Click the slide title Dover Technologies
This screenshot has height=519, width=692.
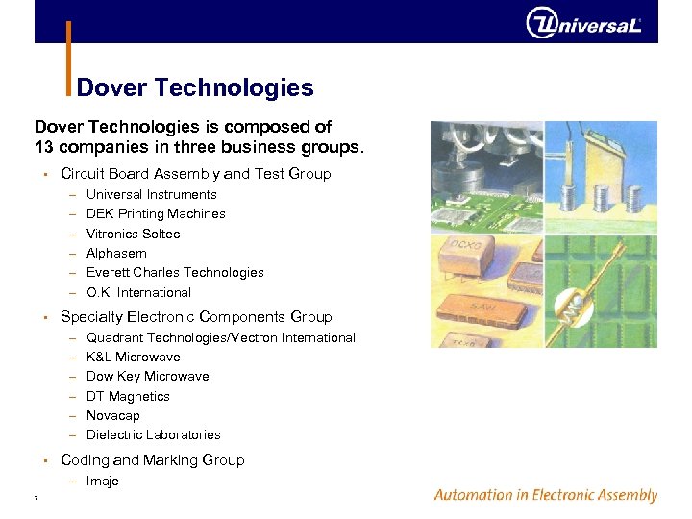coord(195,88)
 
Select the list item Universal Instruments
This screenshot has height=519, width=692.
coord(152,194)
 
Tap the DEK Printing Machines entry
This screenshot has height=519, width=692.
coord(156,214)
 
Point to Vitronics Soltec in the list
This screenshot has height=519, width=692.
coord(133,234)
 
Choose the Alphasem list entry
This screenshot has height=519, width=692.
coord(116,253)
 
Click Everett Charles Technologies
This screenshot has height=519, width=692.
coord(175,273)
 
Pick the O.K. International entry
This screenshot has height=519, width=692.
coord(138,292)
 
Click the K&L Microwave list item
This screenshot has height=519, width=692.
coord(133,357)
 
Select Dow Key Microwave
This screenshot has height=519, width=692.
coord(147,376)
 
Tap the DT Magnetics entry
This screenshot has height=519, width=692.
coord(128,396)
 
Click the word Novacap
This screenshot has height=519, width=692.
coord(112,415)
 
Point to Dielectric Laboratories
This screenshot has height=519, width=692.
coord(154,434)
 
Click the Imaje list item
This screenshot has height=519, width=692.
coord(102,481)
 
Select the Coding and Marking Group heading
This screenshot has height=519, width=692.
coord(152,460)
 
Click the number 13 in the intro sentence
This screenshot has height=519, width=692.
coord(44,148)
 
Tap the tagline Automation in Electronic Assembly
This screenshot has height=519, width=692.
coord(545,495)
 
